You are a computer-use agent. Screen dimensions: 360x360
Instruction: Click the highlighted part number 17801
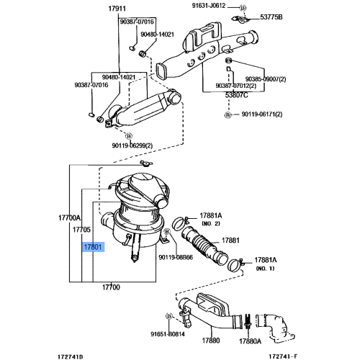pos(94,247)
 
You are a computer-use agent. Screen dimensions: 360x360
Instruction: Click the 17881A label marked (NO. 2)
pos(211,215)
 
